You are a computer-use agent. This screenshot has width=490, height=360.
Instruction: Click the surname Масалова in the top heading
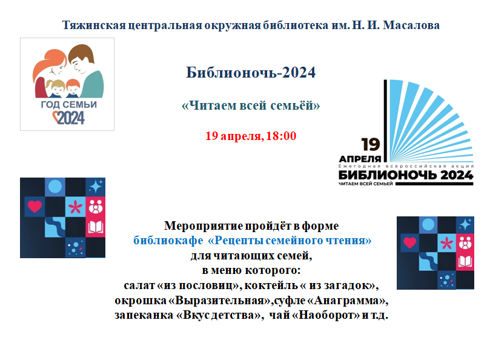click(x=411, y=25)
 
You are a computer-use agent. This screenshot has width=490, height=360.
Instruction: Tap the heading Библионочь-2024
click(x=251, y=72)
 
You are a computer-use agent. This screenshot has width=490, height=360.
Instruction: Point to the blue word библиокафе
click(x=168, y=240)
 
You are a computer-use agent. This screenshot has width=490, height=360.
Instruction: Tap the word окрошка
click(x=141, y=301)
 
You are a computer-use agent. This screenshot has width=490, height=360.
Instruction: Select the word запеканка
click(x=144, y=315)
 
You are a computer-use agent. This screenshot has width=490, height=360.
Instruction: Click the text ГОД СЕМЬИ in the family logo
click(x=69, y=104)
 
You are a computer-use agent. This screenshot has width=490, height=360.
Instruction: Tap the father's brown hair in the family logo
click(x=81, y=52)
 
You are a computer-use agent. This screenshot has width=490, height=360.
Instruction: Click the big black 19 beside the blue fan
click(x=370, y=144)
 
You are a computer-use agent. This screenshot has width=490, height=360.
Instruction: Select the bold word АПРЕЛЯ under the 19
click(x=360, y=159)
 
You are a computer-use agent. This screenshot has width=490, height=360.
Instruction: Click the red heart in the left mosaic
click(x=35, y=206)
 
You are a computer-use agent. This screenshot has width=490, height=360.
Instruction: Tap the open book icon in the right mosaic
click(x=465, y=261)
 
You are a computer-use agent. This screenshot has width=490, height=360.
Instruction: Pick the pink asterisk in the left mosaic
click(x=75, y=207)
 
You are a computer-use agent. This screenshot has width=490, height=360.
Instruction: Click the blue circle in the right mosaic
click(x=428, y=225)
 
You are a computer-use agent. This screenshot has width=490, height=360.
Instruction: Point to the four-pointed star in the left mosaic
click(x=96, y=187)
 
